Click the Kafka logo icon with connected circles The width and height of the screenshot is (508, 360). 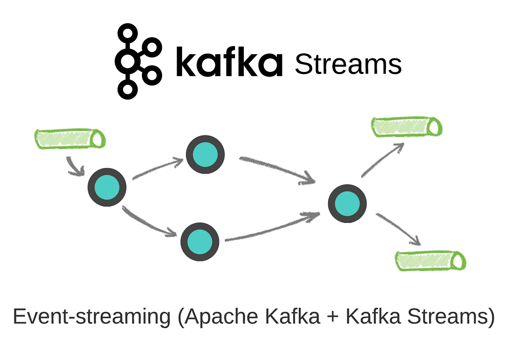[138, 62]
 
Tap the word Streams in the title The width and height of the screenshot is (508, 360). [348, 65]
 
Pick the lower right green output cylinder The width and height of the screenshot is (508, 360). [430, 260]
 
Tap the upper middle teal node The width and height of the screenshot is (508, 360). [205, 155]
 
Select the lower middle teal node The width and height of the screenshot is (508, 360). [200, 242]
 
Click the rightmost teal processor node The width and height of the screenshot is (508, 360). [347, 203]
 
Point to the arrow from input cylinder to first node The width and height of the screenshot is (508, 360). [74, 168]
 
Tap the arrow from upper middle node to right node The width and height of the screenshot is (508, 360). [277, 170]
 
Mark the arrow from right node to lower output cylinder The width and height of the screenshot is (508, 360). [398, 229]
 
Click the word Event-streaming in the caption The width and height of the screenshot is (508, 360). [91, 317]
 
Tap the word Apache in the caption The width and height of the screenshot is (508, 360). [220, 317]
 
